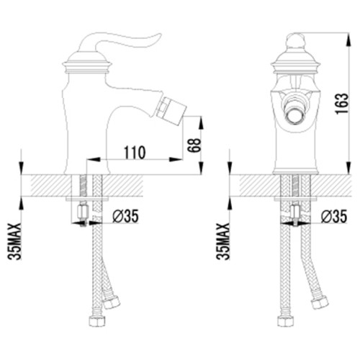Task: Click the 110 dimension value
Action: pos(135,153)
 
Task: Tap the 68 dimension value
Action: pos(194,145)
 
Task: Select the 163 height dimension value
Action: pos(342,104)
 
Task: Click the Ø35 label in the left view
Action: pos(125,216)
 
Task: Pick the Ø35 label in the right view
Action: pos(334,216)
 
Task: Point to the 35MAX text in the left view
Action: pos(14,241)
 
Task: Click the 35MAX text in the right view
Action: pos(223,241)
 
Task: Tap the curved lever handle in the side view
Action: pos(120,43)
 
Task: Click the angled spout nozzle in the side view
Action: pos(170,112)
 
